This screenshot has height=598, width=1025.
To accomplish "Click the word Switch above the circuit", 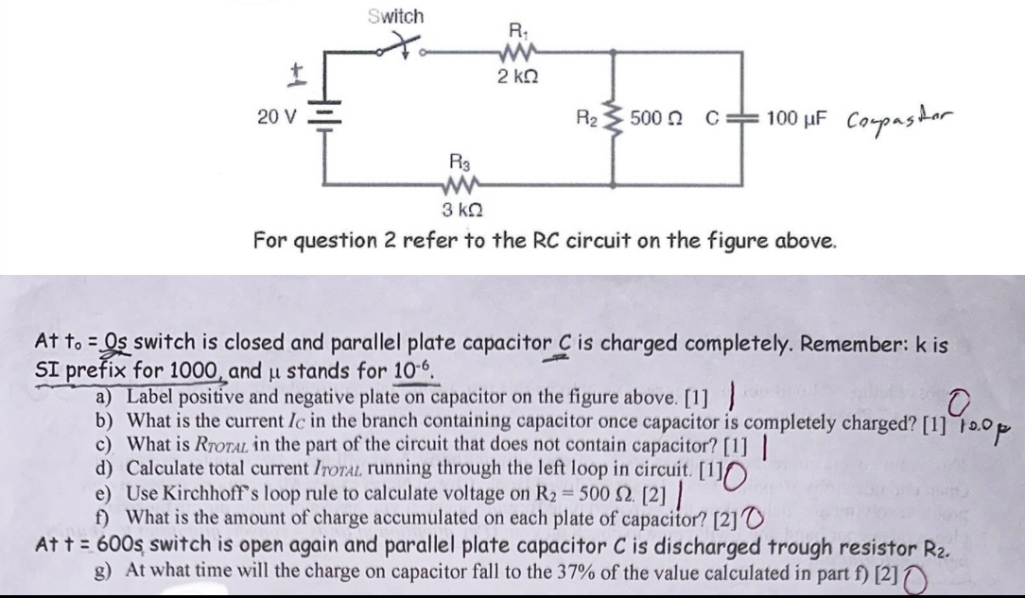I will point(395,16).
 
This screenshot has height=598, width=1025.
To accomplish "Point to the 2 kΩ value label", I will point(518,75).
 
